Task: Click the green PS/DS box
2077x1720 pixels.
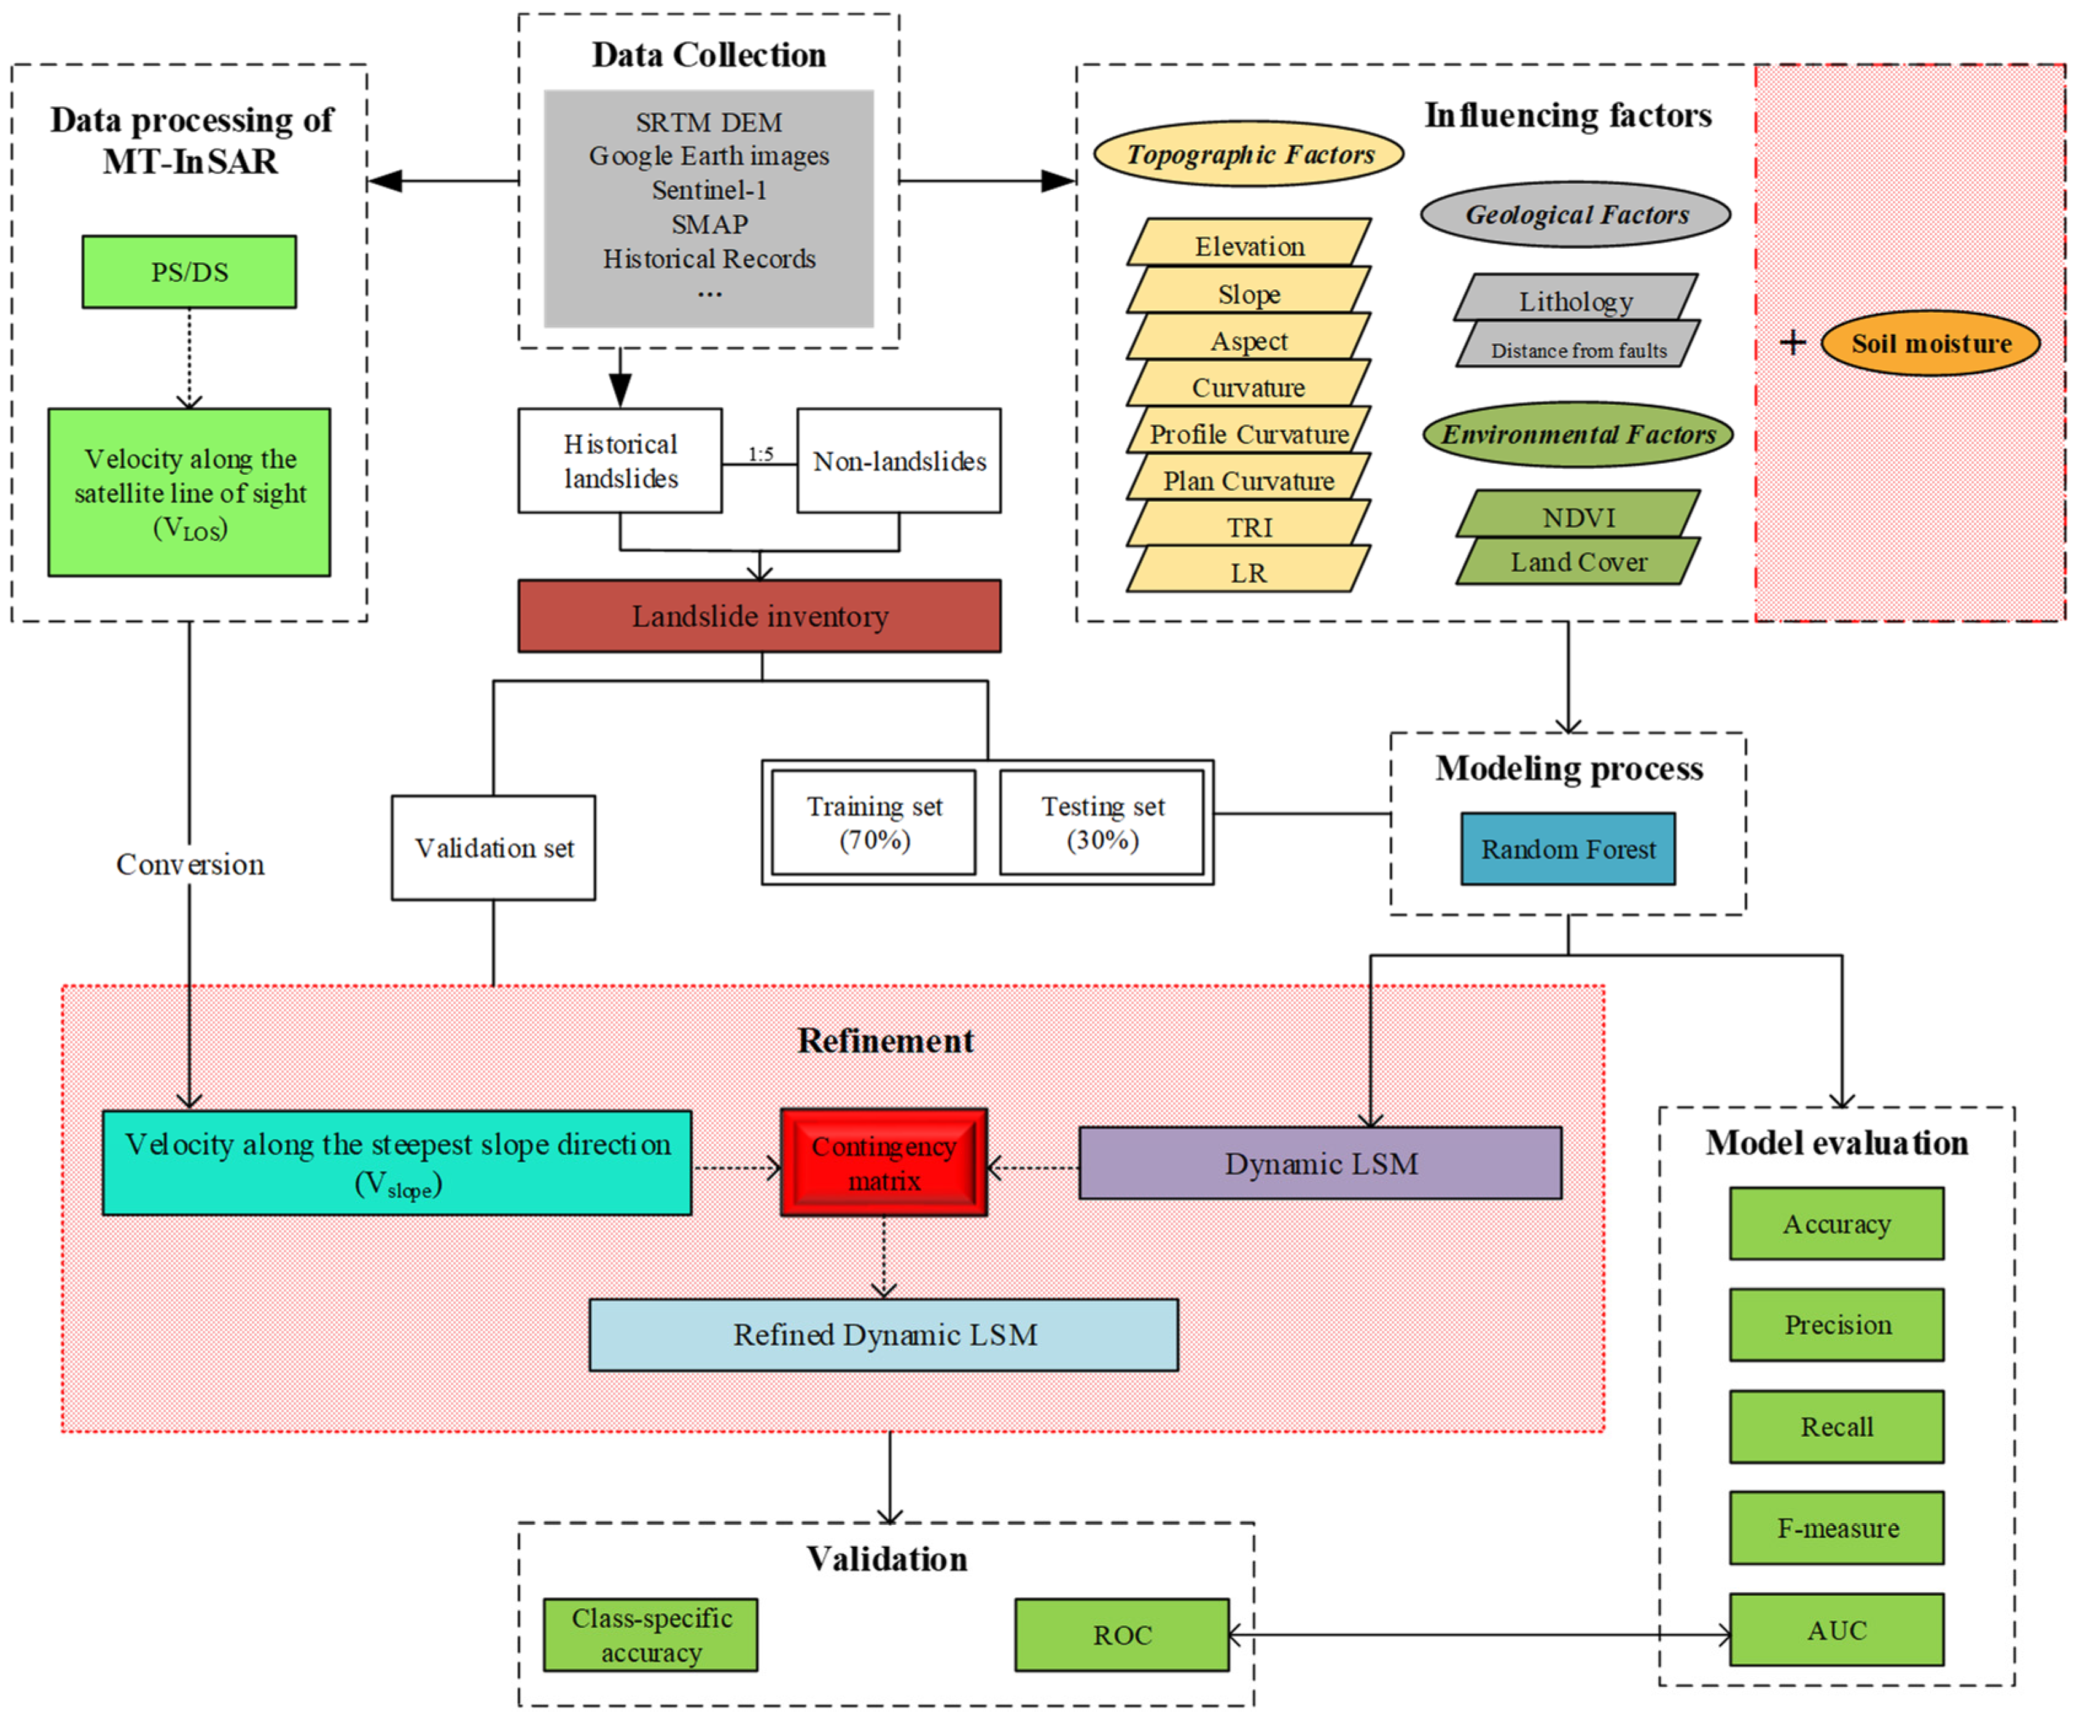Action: pyautogui.click(x=189, y=272)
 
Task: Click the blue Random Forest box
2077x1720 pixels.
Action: pyautogui.click(x=1568, y=848)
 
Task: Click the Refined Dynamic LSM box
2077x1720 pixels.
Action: pyautogui.click(x=883, y=1334)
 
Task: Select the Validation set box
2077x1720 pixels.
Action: pyautogui.click(x=494, y=848)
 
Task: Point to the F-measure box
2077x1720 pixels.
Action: pyautogui.click(x=1837, y=1528)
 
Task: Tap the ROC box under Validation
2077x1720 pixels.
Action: pyautogui.click(x=1121, y=1635)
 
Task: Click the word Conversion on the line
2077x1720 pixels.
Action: pyautogui.click(x=190, y=864)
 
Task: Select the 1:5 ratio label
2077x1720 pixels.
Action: pyautogui.click(x=760, y=454)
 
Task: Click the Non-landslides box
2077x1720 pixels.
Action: pyautogui.click(x=898, y=461)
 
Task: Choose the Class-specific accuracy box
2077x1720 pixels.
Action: pyautogui.click(x=651, y=1635)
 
